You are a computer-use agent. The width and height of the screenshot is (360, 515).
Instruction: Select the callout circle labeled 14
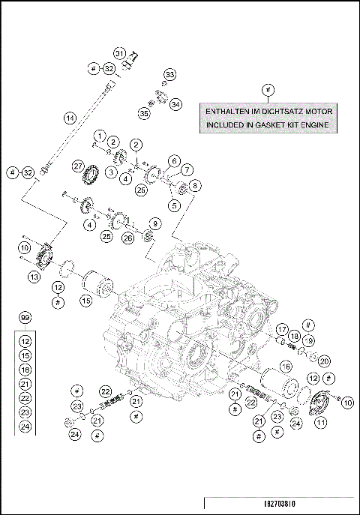pos(69,118)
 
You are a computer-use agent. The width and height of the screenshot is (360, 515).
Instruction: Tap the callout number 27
pos(78,165)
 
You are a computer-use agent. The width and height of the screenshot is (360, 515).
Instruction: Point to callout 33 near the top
pos(170,75)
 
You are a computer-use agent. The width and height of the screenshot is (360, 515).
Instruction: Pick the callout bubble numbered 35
pos(143,113)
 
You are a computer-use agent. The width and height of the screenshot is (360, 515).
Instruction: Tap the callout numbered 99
pos(25,319)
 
